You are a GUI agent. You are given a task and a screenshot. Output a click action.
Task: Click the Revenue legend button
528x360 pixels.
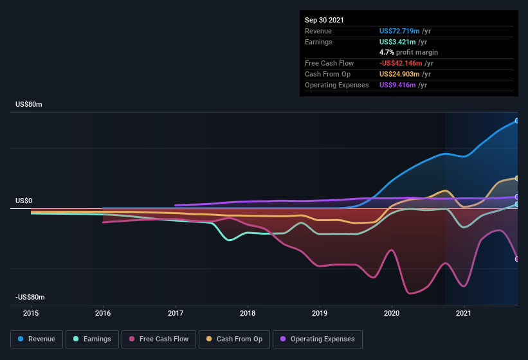point(37,339)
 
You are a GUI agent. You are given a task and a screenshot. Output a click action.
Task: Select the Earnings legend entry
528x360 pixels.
point(93,339)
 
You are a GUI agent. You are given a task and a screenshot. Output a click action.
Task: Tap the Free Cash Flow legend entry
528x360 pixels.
point(159,339)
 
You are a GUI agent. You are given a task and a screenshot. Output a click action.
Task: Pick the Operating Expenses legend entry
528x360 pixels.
point(317,339)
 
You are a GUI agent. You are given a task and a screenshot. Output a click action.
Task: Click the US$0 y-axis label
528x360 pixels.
point(24,201)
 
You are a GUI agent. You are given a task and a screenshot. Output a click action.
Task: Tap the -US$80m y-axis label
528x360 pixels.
point(30,297)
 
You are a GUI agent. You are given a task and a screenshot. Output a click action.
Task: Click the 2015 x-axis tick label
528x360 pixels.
point(31,313)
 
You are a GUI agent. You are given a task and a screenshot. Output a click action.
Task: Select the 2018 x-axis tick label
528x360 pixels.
point(248,313)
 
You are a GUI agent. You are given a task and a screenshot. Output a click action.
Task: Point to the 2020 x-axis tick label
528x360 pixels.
point(392,313)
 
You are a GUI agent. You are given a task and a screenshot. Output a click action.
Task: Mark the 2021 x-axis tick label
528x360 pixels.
point(464,313)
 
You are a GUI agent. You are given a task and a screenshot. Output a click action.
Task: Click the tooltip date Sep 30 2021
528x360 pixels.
point(324,20)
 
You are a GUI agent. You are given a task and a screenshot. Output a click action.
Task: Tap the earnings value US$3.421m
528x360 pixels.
point(399,42)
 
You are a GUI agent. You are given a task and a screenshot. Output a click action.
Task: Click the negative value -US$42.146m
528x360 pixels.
point(401,63)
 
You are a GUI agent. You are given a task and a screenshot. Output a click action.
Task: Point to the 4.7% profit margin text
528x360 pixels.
point(408,52)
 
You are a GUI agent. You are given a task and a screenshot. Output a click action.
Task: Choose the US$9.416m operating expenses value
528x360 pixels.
point(399,85)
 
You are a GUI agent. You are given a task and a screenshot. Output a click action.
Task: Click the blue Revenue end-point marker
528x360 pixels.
point(516,121)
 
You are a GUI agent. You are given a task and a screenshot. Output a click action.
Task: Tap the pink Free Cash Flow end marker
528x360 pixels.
point(516,259)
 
